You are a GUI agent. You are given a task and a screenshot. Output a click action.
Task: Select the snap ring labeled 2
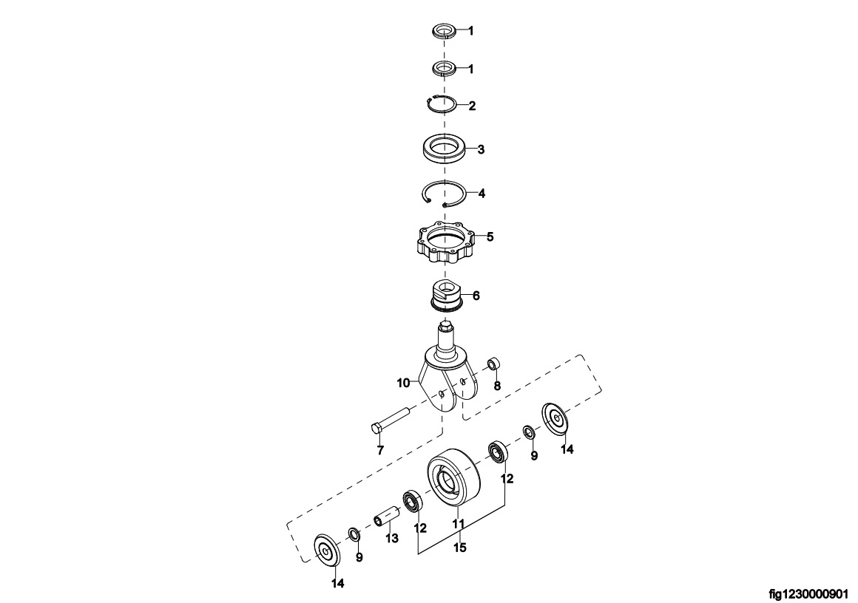point(442,98)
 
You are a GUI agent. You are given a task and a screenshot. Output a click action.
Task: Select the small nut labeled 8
point(496,363)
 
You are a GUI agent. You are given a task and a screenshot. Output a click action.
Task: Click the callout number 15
point(460,548)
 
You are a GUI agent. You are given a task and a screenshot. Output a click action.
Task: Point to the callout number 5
point(490,236)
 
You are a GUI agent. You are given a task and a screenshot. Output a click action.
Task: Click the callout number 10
point(403,383)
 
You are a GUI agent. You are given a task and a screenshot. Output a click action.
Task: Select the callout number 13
point(392,539)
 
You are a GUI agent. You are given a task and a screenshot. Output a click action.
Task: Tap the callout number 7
point(380,451)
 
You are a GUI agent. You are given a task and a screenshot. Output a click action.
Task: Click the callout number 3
point(481,149)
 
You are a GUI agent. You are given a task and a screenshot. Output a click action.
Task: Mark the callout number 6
point(476,296)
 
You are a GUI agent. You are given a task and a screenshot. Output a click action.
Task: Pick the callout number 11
point(458,524)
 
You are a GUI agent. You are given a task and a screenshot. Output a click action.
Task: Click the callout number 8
point(497,386)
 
